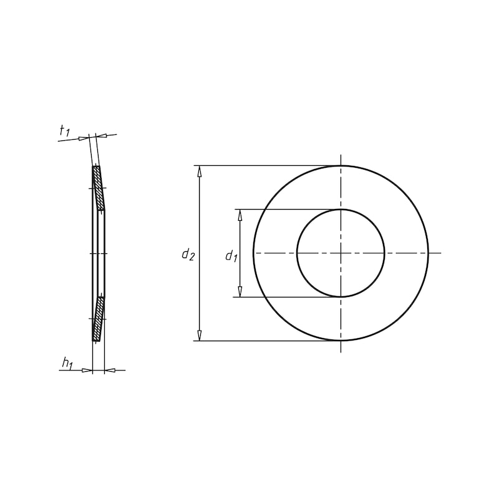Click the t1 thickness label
click(x=64, y=131)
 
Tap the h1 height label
click(x=67, y=362)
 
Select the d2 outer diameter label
click(x=188, y=254)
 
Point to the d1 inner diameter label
click(x=231, y=256)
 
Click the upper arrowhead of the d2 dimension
click(x=200, y=172)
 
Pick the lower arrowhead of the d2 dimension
click(x=200, y=336)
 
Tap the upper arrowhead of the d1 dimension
click(x=240, y=215)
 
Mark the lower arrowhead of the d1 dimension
click(x=240, y=291)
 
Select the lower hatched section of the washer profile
click(x=99, y=319)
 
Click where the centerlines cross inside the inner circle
click(x=341, y=253)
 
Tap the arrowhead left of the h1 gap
click(x=87, y=371)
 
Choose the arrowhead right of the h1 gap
click(x=110, y=371)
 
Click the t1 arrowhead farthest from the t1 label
click(x=103, y=135)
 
